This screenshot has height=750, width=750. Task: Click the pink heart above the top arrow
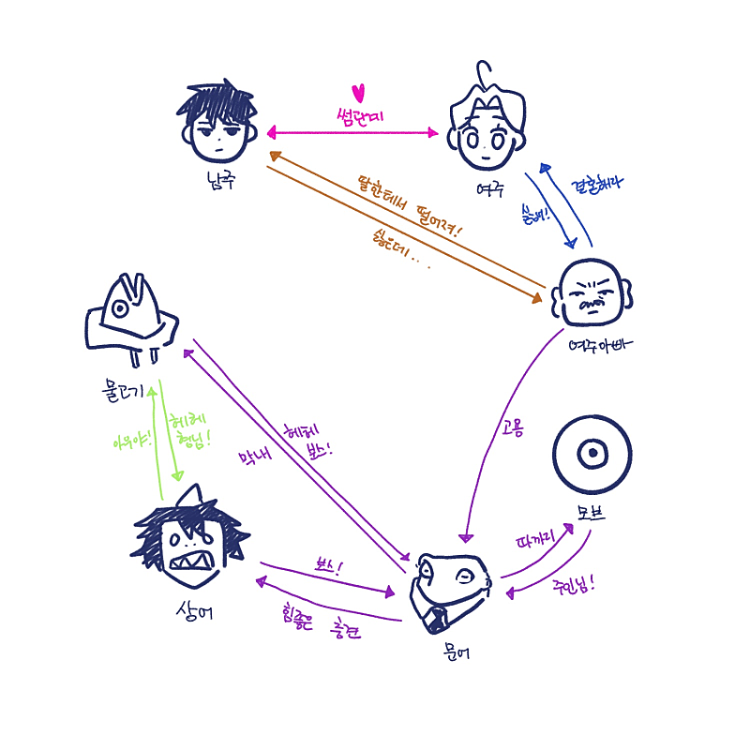tap(357, 92)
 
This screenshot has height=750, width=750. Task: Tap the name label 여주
tap(489, 188)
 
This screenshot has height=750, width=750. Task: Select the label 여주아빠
tap(601, 343)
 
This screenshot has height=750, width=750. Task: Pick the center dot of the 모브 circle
tap(592, 454)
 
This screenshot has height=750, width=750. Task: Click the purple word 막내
tap(253, 459)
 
